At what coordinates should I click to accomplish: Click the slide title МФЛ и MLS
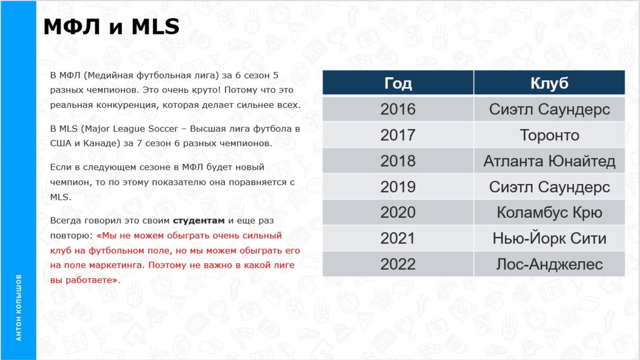point(111,27)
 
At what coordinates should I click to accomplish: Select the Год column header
point(398,83)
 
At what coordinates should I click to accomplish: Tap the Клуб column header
point(549,83)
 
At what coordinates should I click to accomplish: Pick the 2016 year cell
point(398,109)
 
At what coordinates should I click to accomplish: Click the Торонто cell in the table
point(549,135)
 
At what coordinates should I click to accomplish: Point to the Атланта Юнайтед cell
point(549,161)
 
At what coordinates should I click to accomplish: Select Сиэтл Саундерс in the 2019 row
point(549,187)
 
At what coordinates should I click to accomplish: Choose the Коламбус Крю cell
point(549,212)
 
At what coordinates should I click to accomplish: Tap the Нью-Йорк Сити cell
point(549,238)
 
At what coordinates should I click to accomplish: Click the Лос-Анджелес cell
point(549,264)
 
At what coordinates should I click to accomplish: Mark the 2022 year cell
point(398,264)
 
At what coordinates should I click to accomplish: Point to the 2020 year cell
point(398,212)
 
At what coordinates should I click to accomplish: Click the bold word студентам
point(199,221)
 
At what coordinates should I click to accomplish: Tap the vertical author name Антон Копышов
point(19,307)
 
